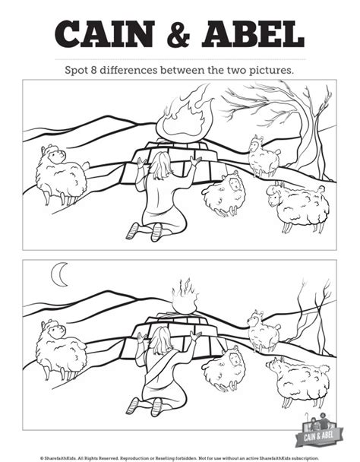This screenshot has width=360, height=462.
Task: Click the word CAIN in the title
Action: pos(104,34)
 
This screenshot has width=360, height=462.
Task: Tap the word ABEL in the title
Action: pos(253,34)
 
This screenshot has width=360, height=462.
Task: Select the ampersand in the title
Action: pos(178,34)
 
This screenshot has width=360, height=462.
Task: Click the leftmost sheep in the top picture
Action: pos(62,174)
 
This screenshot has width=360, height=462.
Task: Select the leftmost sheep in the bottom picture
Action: pos(61,349)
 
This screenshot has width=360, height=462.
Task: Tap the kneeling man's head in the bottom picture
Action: pos(160,340)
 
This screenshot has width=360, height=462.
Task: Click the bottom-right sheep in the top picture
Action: pos(298,206)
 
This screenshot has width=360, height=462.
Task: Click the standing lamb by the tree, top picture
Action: pos(264,157)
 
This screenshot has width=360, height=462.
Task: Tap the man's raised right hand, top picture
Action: pos(196,161)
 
